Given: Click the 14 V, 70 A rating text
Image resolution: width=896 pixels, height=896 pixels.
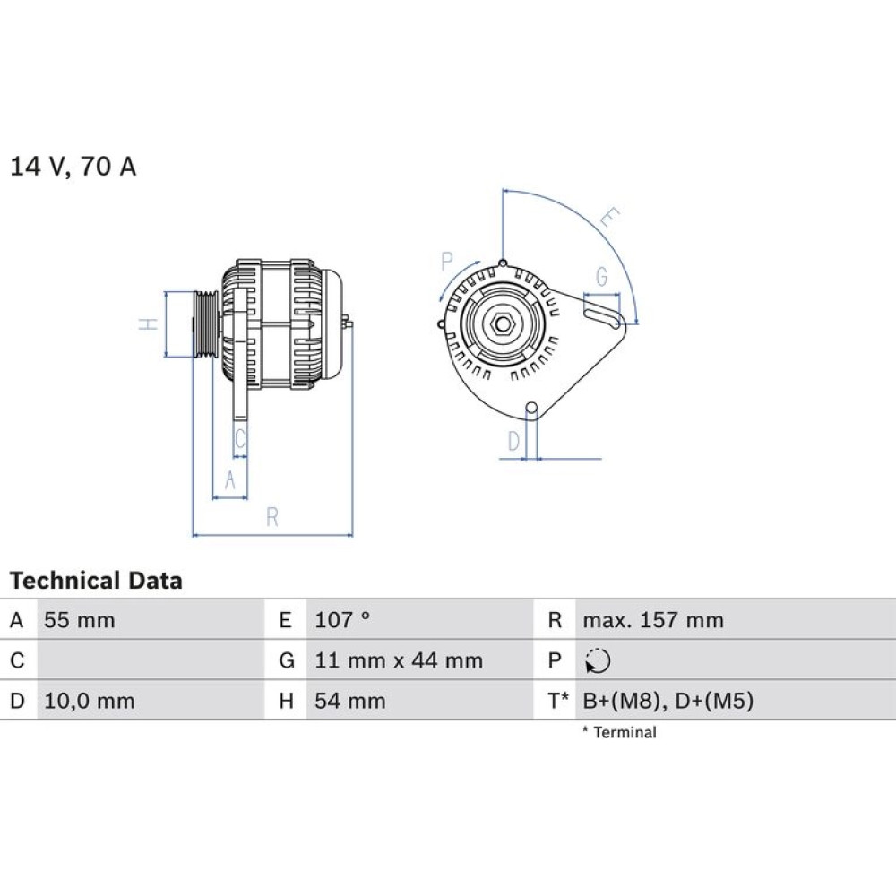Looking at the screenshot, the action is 73,167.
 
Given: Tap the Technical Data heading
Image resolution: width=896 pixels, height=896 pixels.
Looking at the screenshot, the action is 96,581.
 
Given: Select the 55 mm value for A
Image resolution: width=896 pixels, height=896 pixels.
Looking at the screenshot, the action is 80,620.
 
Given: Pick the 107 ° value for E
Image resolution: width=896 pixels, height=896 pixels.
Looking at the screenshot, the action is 342,620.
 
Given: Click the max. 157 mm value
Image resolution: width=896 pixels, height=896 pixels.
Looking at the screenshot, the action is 653,620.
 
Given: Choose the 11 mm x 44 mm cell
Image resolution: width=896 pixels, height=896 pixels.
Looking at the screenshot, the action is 399,660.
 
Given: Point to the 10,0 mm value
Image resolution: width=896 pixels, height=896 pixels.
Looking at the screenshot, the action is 89,702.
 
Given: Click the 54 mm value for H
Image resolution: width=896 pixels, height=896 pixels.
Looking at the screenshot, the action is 349,702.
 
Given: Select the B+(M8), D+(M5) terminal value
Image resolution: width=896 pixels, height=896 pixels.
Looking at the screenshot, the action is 668,702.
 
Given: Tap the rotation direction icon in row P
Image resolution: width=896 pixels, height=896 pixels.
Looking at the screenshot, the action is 598,661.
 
